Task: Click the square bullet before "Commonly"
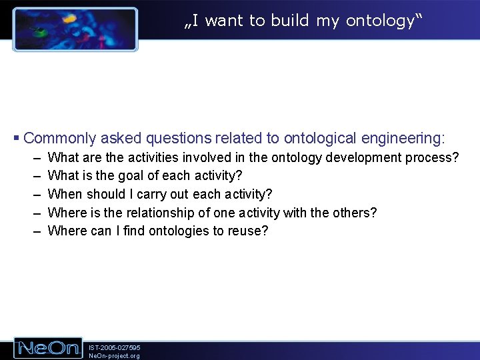17,138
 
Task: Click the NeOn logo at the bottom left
49,348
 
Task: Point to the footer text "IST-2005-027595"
114,347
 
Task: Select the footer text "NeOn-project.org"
114,356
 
